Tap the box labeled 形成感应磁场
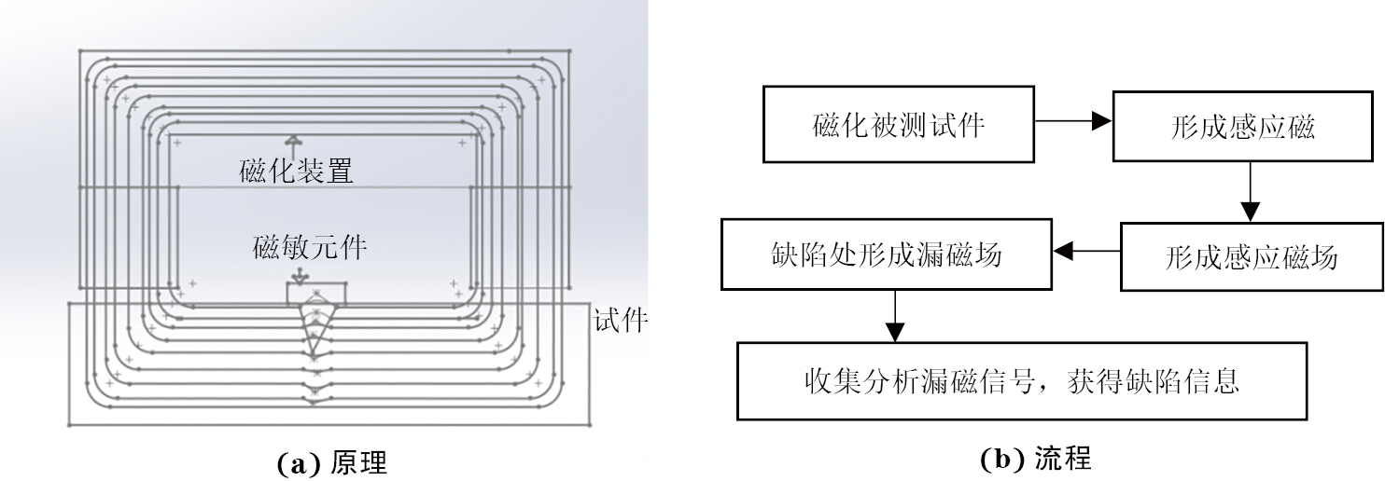[x=1251, y=256]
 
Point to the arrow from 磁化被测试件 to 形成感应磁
[x=1073, y=121]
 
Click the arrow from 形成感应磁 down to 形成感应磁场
[x=1250, y=191]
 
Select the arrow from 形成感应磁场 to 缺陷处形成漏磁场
[x=1085, y=250]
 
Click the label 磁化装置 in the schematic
[x=296, y=172]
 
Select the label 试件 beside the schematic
[x=621, y=322]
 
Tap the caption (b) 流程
[x=1035, y=459]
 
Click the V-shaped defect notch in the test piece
[x=315, y=331]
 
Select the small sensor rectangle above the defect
[x=315, y=295]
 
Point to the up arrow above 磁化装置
[x=295, y=143]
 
